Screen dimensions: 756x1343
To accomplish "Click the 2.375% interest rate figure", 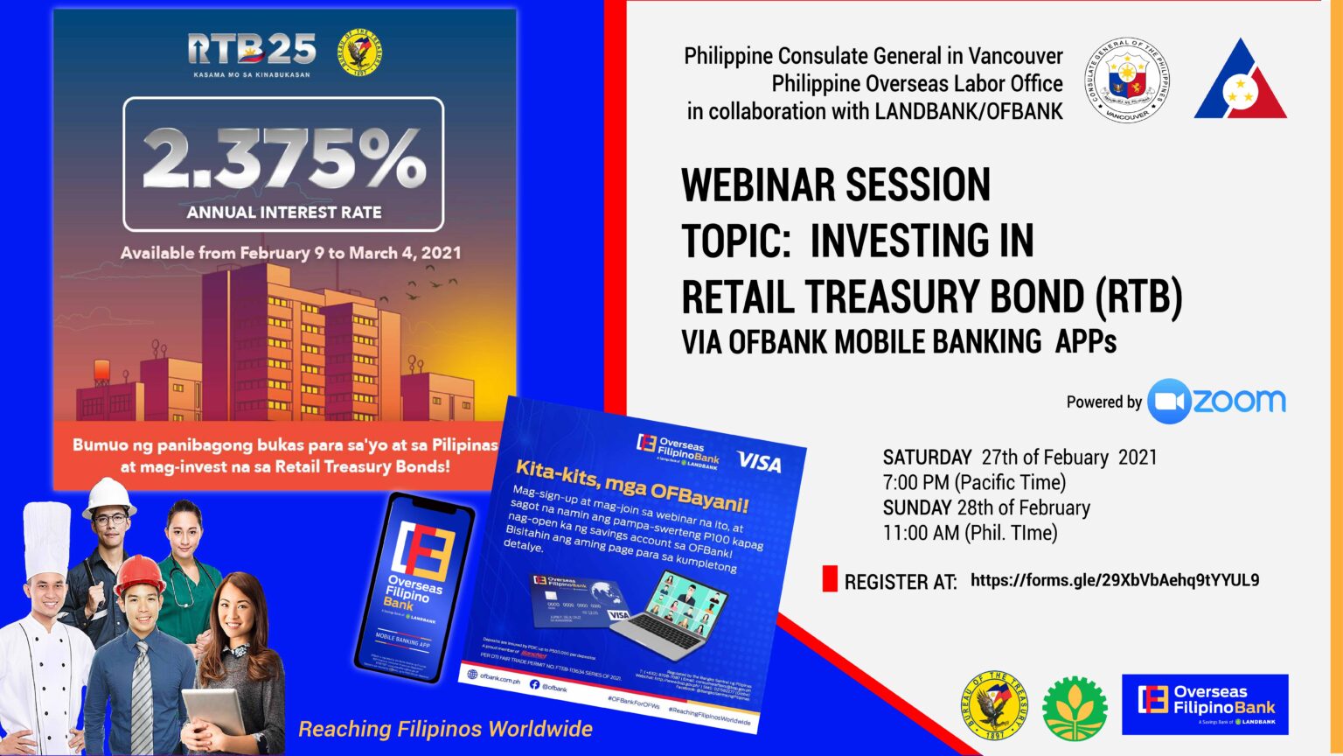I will click(283, 158).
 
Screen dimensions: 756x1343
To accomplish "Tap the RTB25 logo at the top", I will click(252, 50).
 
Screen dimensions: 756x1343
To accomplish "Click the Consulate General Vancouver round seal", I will click(1127, 80).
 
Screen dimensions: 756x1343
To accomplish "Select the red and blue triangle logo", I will click(1241, 81).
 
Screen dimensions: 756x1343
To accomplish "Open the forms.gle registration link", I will click(1115, 580).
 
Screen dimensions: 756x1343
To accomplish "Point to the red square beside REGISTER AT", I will click(830, 579).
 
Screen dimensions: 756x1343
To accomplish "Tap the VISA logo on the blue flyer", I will click(759, 461).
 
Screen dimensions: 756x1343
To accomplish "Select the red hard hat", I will click(139, 573).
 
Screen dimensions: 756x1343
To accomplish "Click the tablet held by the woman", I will click(212, 711).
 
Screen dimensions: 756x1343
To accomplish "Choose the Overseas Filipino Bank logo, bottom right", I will click(1205, 703).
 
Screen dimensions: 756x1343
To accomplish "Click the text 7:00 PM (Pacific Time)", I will click(974, 482).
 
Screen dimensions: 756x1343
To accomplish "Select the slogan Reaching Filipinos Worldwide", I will click(445, 729).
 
